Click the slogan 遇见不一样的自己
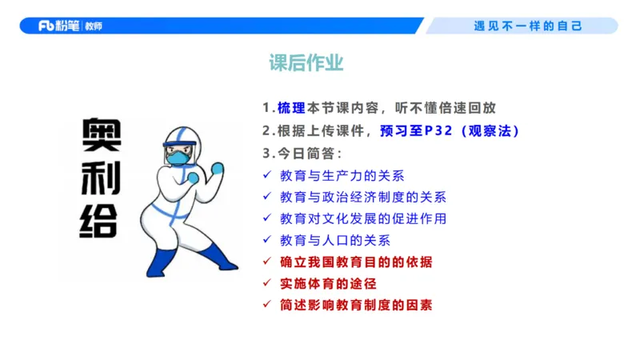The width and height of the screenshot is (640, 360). tap(528, 26)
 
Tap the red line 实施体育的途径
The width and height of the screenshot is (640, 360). tap(328, 283)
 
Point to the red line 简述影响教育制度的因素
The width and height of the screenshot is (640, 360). tap(357, 305)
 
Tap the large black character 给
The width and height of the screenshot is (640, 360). tap(101, 220)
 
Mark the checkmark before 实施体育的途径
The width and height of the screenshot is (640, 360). tap(267, 283)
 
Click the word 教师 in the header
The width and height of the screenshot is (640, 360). tap(93, 26)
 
